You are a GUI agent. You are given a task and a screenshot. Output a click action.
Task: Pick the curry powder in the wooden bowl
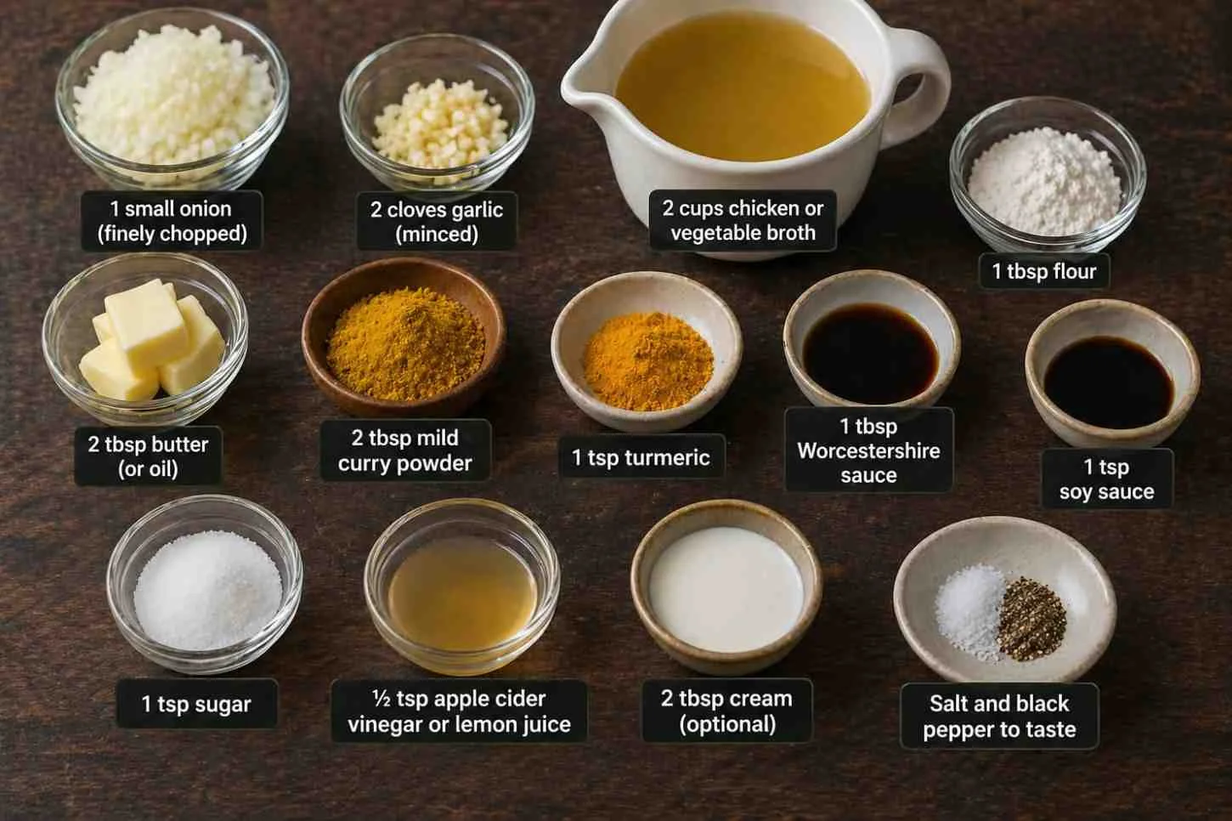click(x=405, y=345)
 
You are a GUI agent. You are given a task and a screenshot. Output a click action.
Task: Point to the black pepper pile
click(x=1031, y=619)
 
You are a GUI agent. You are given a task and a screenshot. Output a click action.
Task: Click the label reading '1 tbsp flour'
click(x=1044, y=271)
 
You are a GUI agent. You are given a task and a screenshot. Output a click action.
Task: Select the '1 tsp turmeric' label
click(x=641, y=457)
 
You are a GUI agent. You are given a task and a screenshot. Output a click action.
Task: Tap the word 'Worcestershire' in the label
click(x=868, y=450)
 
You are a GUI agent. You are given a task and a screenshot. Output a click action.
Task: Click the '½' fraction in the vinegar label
click(x=381, y=699)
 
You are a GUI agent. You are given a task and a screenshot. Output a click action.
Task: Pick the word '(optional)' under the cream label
click(x=727, y=723)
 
